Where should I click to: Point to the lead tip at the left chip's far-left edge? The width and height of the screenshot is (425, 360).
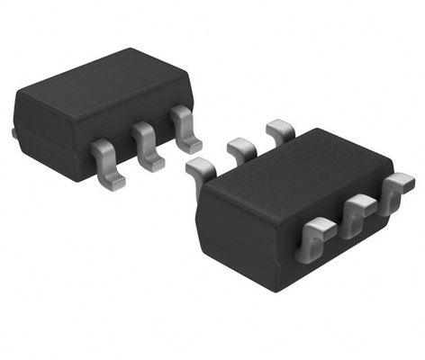point(14,133)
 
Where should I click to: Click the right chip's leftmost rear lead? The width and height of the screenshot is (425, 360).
point(200,168)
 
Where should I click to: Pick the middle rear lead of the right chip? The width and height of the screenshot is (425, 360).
point(241,148)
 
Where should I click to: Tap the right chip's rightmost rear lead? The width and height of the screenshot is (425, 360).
point(279,131)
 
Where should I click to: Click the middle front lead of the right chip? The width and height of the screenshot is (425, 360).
point(357,213)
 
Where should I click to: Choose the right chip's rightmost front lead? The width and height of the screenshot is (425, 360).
point(396,192)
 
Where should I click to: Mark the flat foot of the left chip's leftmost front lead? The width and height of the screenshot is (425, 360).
point(112,181)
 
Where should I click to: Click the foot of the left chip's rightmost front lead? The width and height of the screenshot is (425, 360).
point(190,144)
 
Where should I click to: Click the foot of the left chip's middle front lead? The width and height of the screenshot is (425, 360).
point(152,163)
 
